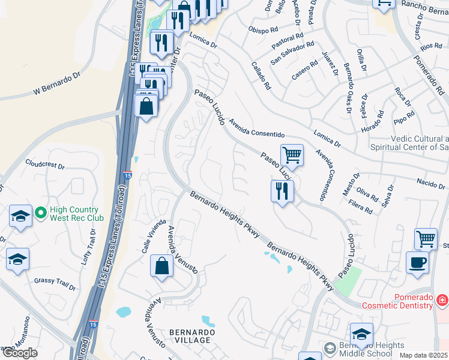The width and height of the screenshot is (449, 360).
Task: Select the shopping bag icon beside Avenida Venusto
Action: click(x=162, y=266)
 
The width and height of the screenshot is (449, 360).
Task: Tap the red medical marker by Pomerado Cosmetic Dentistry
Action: click(x=442, y=299)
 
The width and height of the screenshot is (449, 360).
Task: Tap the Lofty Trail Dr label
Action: click(x=88, y=251)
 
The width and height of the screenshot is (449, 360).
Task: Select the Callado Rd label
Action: click(x=261, y=76)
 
